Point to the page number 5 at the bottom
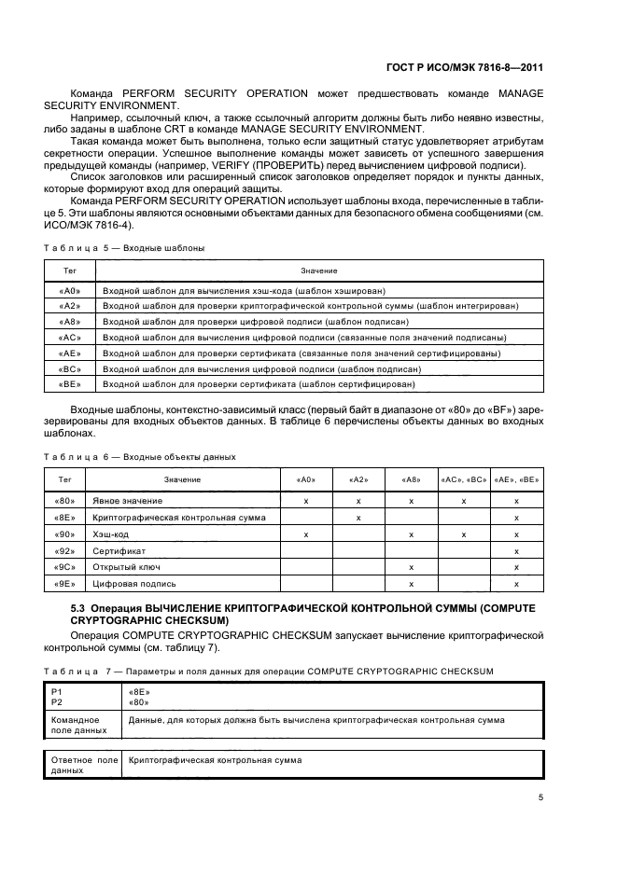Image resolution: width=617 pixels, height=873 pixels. tap(541, 797)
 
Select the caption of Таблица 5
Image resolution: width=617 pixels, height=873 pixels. tap(124, 248)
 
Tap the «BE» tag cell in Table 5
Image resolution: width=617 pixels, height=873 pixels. tap(70, 383)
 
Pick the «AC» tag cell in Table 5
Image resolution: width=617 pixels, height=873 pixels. tap(70, 337)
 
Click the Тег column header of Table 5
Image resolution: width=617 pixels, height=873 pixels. tap(70, 270)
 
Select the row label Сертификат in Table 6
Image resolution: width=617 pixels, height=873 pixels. tap(113, 550)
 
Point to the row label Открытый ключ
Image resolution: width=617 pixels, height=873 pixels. tap(121, 567)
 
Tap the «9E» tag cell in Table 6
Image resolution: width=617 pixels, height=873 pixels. tap(65, 584)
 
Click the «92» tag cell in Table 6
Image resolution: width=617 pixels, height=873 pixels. tap(65, 550)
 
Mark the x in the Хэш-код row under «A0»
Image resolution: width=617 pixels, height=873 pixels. tap(306, 533)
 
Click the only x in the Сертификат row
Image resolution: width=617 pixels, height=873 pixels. tap(516, 550)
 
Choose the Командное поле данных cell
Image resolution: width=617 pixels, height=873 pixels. tap(80, 725)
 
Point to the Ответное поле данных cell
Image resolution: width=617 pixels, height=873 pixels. tap(80, 765)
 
